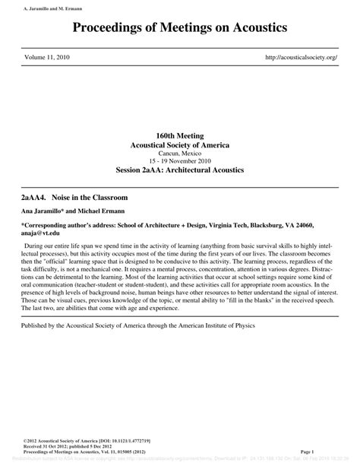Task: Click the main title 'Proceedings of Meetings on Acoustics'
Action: (180, 28)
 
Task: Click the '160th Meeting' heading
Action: (179, 135)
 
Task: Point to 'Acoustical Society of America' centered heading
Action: (179, 144)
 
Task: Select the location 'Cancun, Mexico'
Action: (179, 153)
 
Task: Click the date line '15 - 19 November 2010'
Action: (179, 161)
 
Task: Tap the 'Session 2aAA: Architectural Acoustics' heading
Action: (179, 170)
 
